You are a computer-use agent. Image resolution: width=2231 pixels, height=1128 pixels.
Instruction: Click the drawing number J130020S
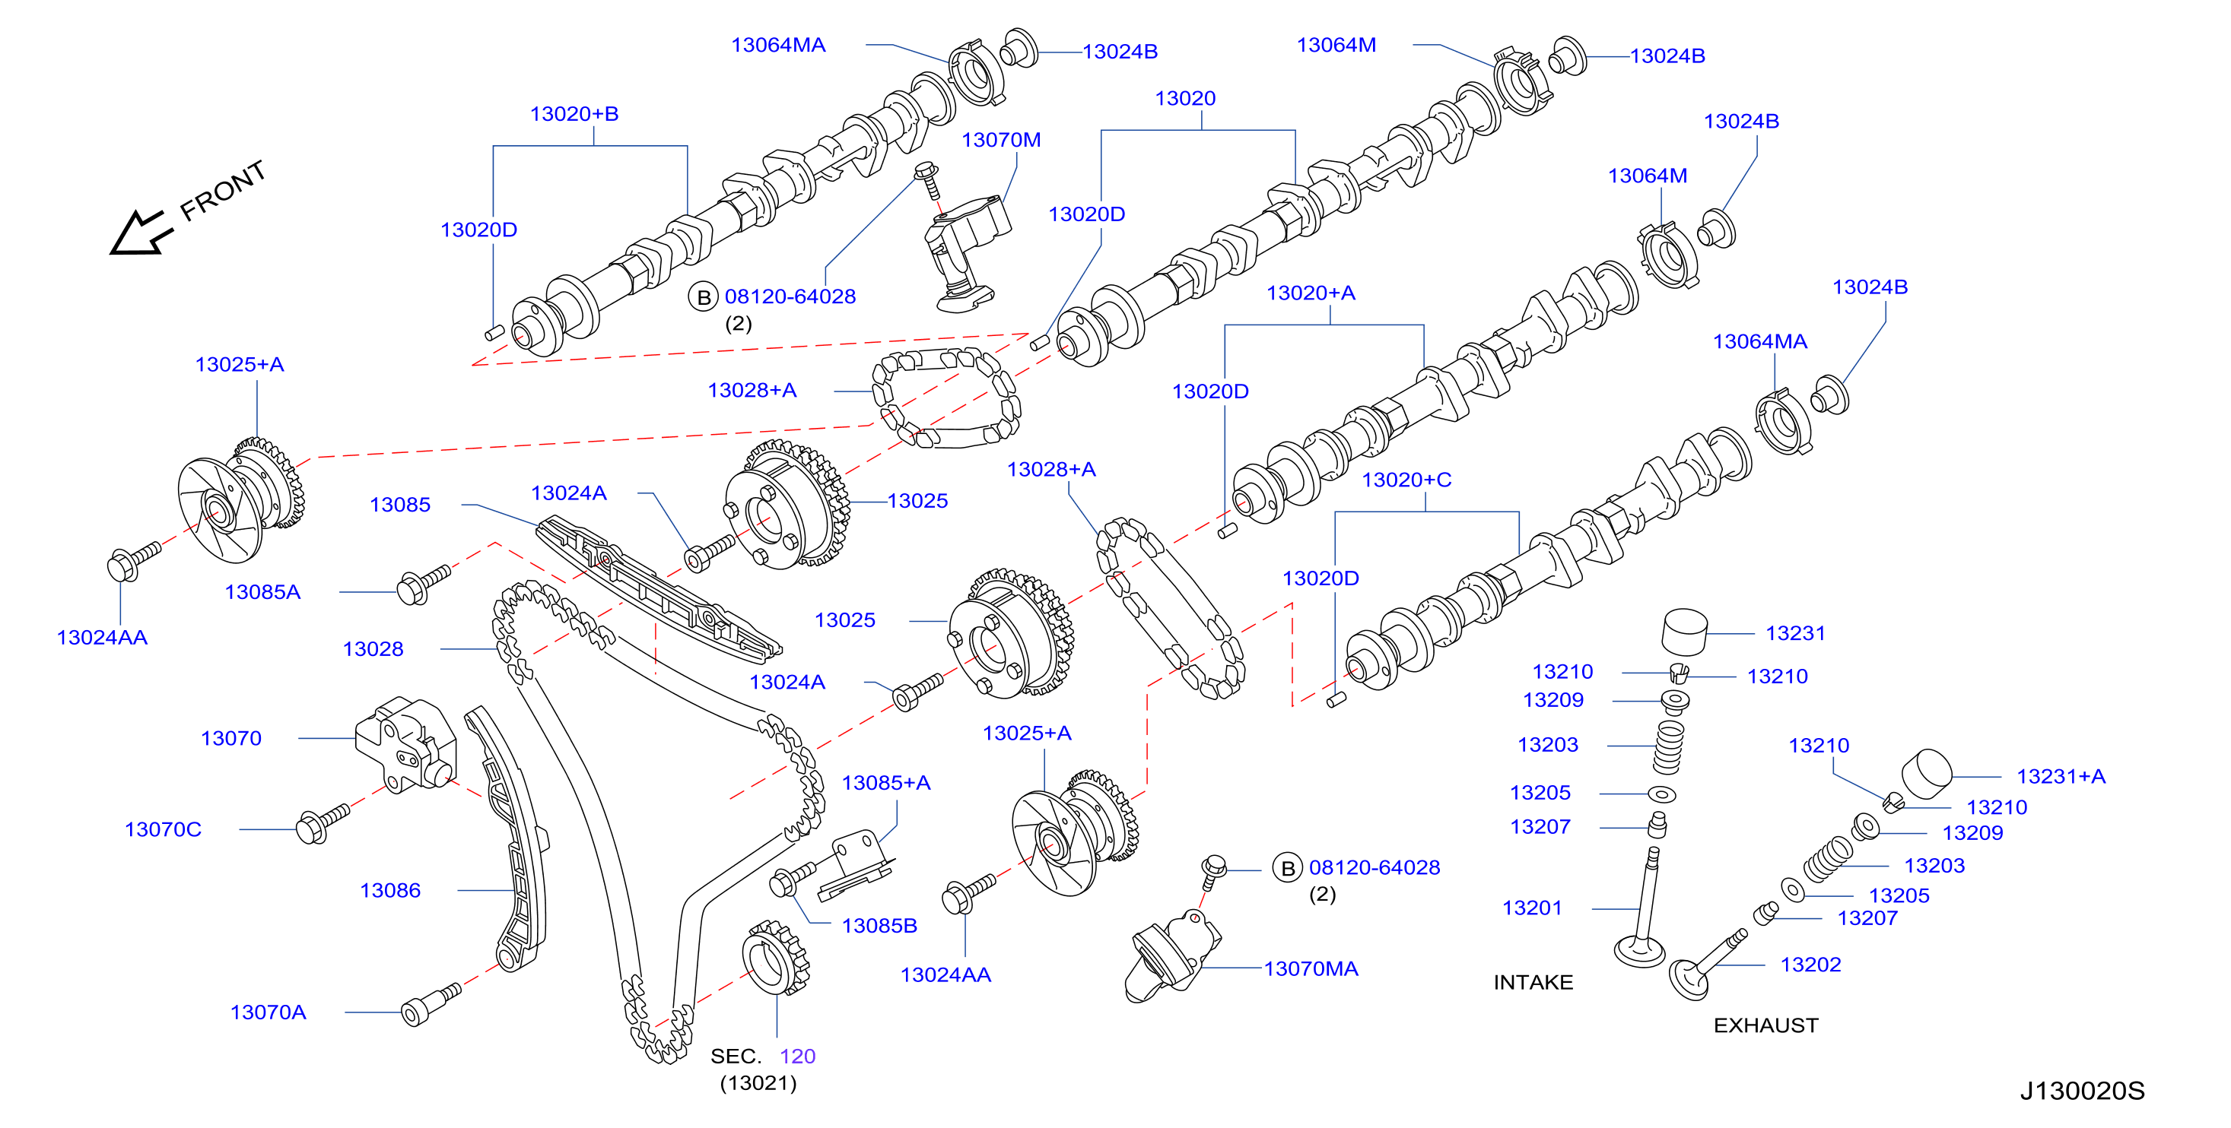(2082, 1091)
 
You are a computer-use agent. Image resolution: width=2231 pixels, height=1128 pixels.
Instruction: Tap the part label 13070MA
(1311, 968)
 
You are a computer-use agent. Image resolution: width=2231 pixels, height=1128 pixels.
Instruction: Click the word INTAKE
(1533, 983)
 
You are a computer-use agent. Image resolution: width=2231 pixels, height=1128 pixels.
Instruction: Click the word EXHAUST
(1766, 1026)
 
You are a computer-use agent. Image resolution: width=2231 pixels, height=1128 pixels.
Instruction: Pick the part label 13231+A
(2061, 777)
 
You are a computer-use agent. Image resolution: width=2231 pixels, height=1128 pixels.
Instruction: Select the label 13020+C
(1406, 480)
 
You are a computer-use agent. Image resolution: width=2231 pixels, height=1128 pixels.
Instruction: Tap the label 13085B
(879, 925)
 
